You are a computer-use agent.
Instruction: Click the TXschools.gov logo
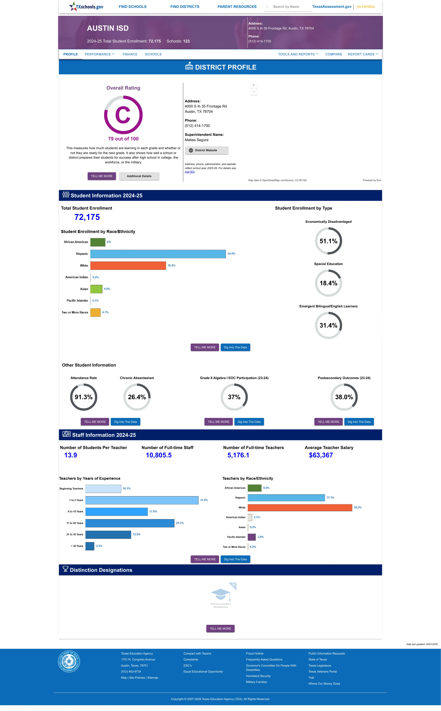click(86, 6)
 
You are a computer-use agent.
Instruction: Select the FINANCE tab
click(130, 54)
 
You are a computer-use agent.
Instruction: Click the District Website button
click(207, 150)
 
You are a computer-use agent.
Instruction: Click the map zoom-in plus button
click(254, 85)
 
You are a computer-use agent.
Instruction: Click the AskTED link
click(190, 172)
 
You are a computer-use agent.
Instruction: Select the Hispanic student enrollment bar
click(158, 254)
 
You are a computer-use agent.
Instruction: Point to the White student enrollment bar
click(128, 265)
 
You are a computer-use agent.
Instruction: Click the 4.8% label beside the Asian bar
click(107, 289)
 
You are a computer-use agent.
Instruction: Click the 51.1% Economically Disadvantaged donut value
click(328, 241)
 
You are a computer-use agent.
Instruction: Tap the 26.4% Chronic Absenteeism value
click(137, 397)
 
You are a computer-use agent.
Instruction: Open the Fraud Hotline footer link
click(255, 653)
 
